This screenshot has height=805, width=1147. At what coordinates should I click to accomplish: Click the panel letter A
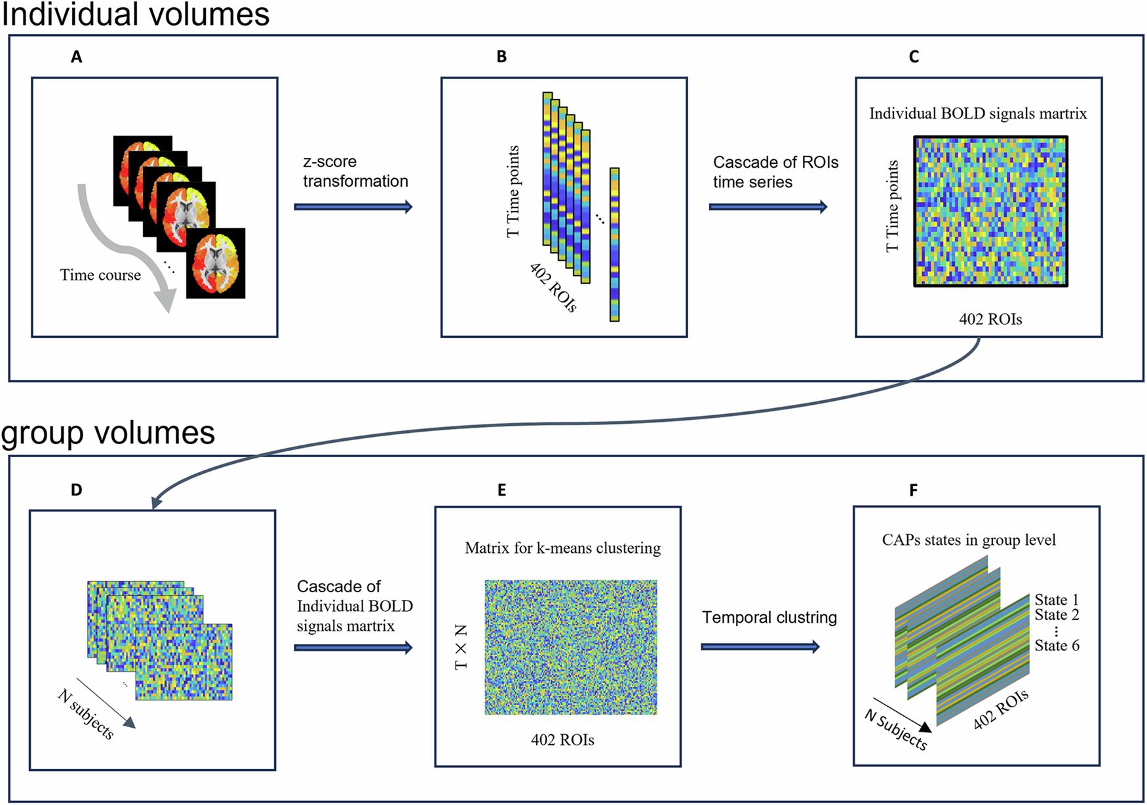click(77, 57)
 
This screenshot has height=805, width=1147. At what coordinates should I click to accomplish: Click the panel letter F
click(913, 490)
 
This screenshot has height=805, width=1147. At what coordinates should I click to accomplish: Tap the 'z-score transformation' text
click(355, 172)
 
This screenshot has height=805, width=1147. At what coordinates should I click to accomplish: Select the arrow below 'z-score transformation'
click(353, 207)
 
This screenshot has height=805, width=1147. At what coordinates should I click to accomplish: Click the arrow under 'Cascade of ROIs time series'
click(768, 207)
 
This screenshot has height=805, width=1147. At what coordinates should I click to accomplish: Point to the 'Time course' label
click(100, 275)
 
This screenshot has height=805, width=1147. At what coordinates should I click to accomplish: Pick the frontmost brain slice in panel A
click(216, 263)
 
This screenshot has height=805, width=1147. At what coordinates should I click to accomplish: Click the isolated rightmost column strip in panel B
click(614, 244)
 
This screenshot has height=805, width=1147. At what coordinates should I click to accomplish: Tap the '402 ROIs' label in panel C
click(990, 320)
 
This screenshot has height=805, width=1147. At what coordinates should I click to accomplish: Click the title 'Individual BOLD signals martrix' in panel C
click(977, 114)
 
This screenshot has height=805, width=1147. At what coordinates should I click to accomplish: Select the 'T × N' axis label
click(461, 647)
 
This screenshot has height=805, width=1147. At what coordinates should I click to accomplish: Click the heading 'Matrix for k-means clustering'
click(562, 548)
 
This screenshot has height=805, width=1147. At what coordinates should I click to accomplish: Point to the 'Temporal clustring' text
click(769, 618)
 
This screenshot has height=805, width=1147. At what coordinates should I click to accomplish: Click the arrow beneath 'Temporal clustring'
click(760, 647)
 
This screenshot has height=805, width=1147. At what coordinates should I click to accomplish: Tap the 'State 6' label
click(1057, 646)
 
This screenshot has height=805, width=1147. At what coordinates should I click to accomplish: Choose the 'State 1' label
click(1056, 600)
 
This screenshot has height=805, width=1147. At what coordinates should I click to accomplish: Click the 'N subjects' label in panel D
click(86, 715)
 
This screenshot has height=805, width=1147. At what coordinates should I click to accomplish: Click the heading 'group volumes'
click(108, 434)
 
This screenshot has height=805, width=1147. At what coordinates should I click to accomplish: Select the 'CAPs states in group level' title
click(968, 540)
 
